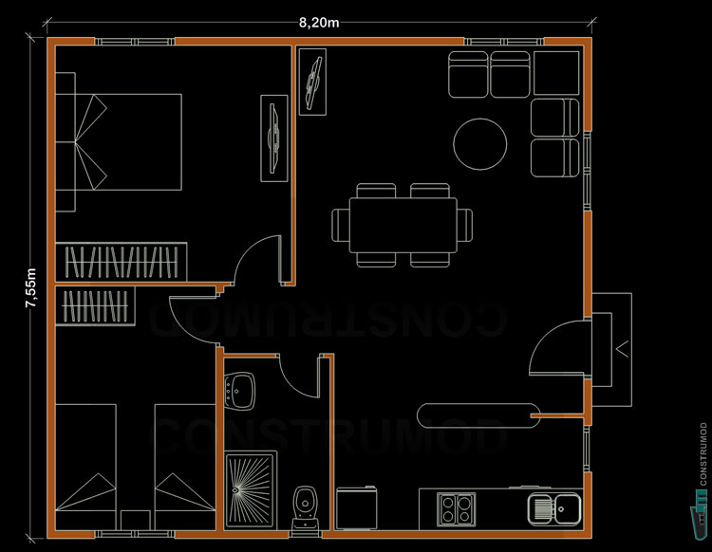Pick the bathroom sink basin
243,386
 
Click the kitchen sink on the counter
555,507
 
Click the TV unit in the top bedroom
274,138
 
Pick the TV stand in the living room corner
311,81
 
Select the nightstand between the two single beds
136,519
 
